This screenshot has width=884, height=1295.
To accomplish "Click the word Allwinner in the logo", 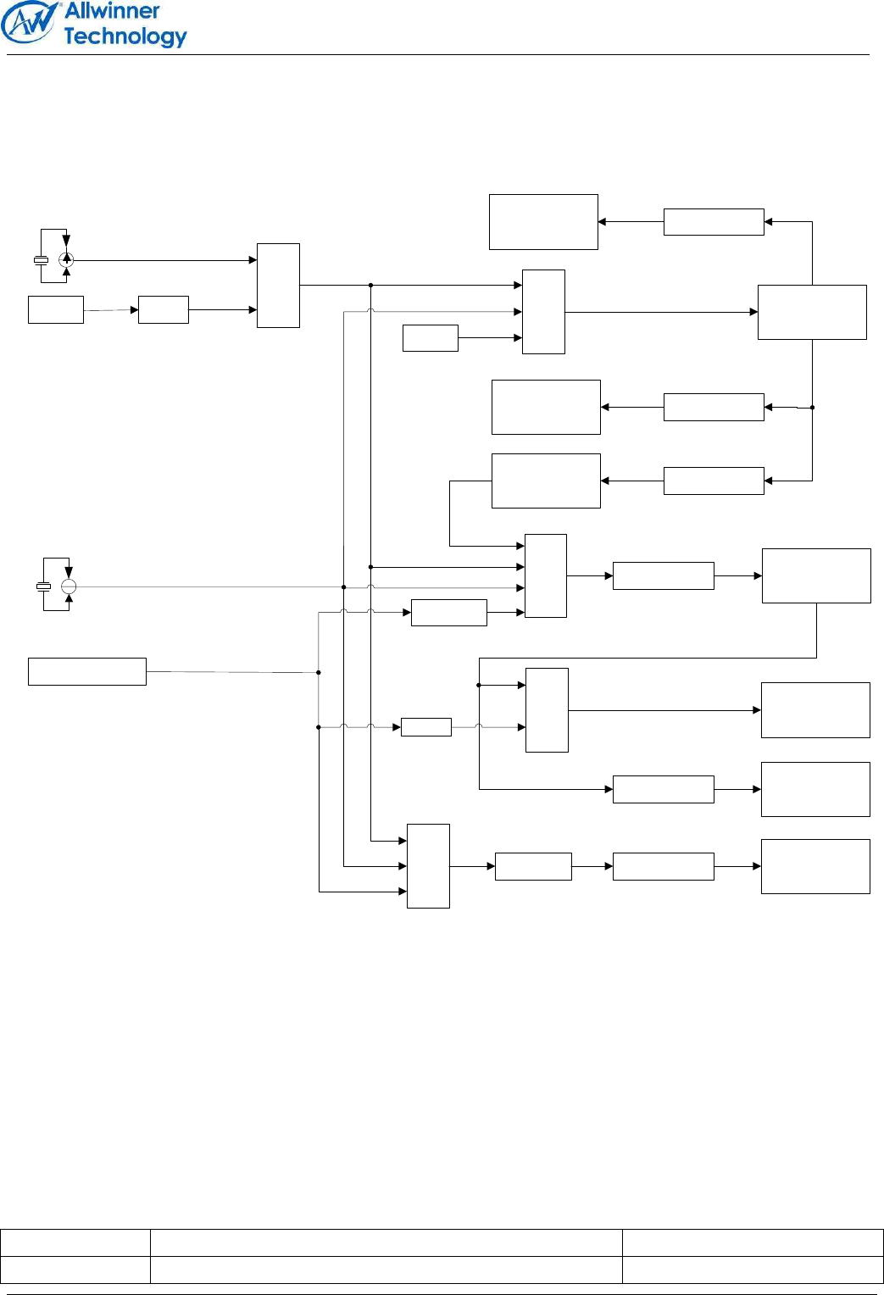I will point(112,12).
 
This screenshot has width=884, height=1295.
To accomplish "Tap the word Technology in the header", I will point(125,36).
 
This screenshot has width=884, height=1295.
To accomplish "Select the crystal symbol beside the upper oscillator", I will point(41,260).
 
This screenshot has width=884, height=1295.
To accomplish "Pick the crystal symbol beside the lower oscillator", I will point(43,586).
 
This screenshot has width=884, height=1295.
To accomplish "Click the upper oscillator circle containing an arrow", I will point(66,260).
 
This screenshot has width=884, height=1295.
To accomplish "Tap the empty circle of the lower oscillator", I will point(69,586).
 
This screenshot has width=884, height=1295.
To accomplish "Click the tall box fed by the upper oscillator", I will point(278,286).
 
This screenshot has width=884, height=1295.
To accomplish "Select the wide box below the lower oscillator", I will point(86,671).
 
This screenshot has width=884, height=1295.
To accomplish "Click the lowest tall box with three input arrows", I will point(428,865).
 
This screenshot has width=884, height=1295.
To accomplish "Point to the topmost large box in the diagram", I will point(543,222).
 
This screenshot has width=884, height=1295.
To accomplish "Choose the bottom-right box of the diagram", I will point(815,866).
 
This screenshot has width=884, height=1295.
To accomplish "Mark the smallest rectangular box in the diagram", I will point(425,727).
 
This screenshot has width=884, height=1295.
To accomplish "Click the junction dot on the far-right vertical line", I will point(812,408).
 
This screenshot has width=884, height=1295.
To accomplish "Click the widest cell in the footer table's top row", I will point(386,1242).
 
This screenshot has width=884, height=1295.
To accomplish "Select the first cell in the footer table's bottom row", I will point(75,1270).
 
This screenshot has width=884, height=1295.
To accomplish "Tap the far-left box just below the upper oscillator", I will point(56,310).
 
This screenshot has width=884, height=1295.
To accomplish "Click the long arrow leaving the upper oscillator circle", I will point(161,260).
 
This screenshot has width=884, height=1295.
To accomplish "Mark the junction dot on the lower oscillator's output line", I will point(343,586).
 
